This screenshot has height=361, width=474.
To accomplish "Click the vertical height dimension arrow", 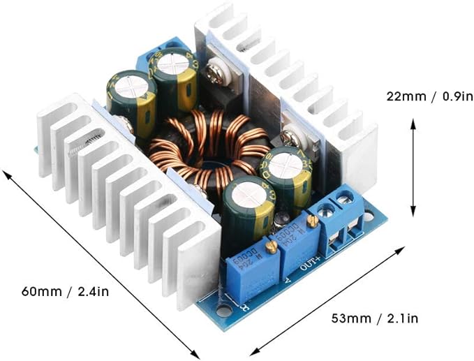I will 413,167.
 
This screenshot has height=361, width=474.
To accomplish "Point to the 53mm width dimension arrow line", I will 328,300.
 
